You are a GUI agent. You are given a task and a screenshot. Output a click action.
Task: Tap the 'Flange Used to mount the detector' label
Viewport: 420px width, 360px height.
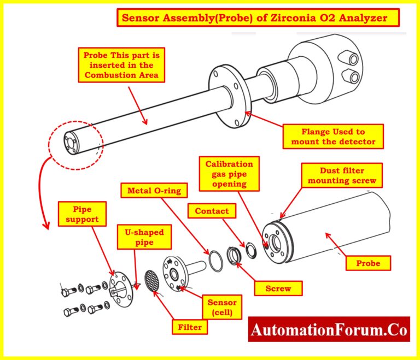click(333, 137)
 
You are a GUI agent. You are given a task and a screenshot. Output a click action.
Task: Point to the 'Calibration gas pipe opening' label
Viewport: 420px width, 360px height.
click(229, 174)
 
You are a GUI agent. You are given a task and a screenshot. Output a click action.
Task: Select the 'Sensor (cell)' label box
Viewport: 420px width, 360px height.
click(222, 308)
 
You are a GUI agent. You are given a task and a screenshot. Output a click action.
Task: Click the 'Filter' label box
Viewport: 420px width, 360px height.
click(190, 328)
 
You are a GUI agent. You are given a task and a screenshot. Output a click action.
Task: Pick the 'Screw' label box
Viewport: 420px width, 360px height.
click(278, 288)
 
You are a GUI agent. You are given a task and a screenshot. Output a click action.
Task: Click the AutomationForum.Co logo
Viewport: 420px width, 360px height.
click(329, 331)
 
